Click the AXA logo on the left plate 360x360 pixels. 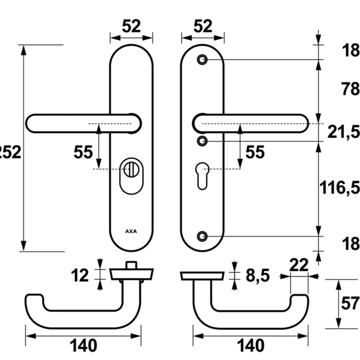(x=131, y=231)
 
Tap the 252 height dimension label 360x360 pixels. (x=10, y=152)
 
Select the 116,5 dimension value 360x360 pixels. (x=340, y=188)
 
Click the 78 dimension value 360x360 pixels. (x=350, y=89)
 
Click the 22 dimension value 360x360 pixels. (x=299, y=265)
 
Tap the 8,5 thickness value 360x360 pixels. (x=258, y=275)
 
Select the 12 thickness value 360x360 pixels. (x=80, y=275)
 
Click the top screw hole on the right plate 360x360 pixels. (x=202, y=60)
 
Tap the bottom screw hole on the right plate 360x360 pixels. (x=202, y=236)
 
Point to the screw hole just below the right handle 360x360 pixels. (x=202, y=141)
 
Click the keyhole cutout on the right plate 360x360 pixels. (x=202, y=176)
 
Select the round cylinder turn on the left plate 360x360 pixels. (x=131, y=169)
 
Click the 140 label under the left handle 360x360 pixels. (x=83, y=346)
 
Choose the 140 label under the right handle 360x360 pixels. (x=250, y=346)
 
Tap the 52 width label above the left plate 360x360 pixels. (x=131, y=26)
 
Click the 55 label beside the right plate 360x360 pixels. (x=255, y=152)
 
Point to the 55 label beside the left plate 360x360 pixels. (x=83, y=152)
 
